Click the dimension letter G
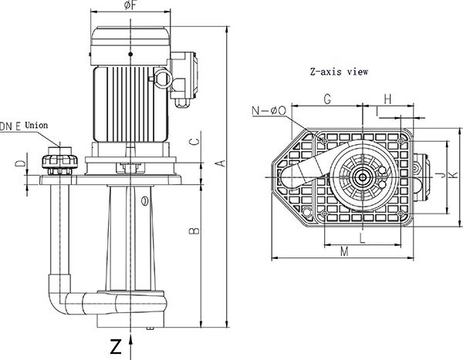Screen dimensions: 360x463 click(x=327, y=99)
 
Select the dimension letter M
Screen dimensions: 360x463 click(x=344, y=251)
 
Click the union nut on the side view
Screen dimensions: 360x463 click(x=58, y=161)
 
